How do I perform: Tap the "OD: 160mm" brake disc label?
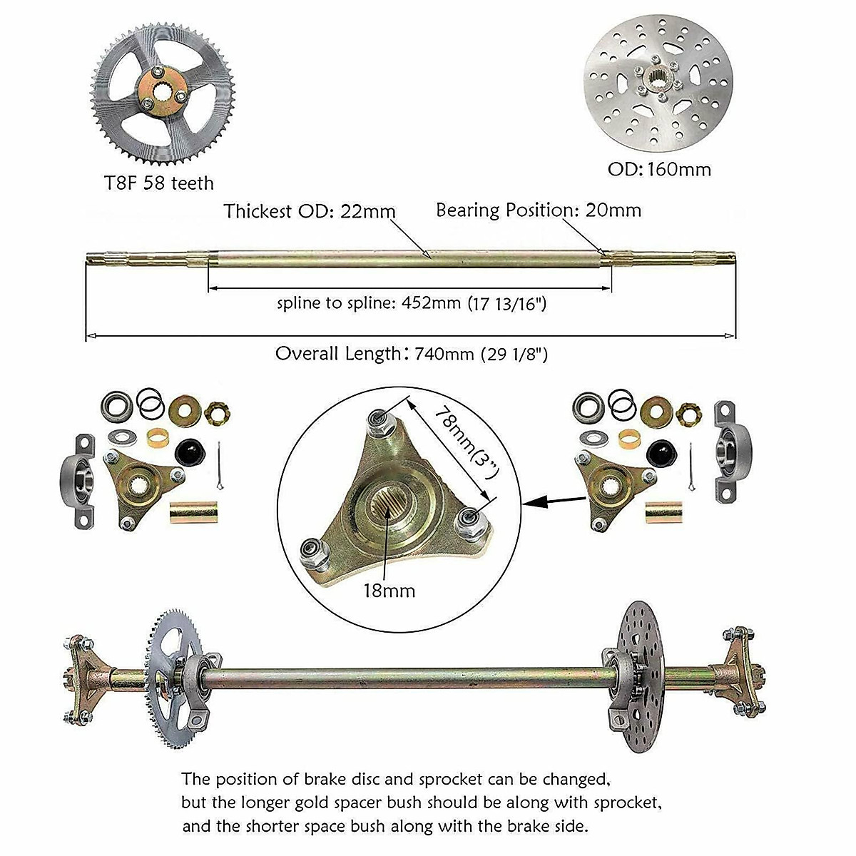[x=659, y=169]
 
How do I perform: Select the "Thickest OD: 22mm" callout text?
[x=310, y=211]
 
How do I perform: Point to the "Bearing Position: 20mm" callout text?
[x=539, y=210]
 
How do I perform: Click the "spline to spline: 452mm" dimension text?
[x=412, y=303]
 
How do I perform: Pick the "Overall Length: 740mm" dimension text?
[x=412, y=354]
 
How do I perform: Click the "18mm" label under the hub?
[x=388, y=591]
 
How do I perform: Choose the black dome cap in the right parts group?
[x=661, y=452]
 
